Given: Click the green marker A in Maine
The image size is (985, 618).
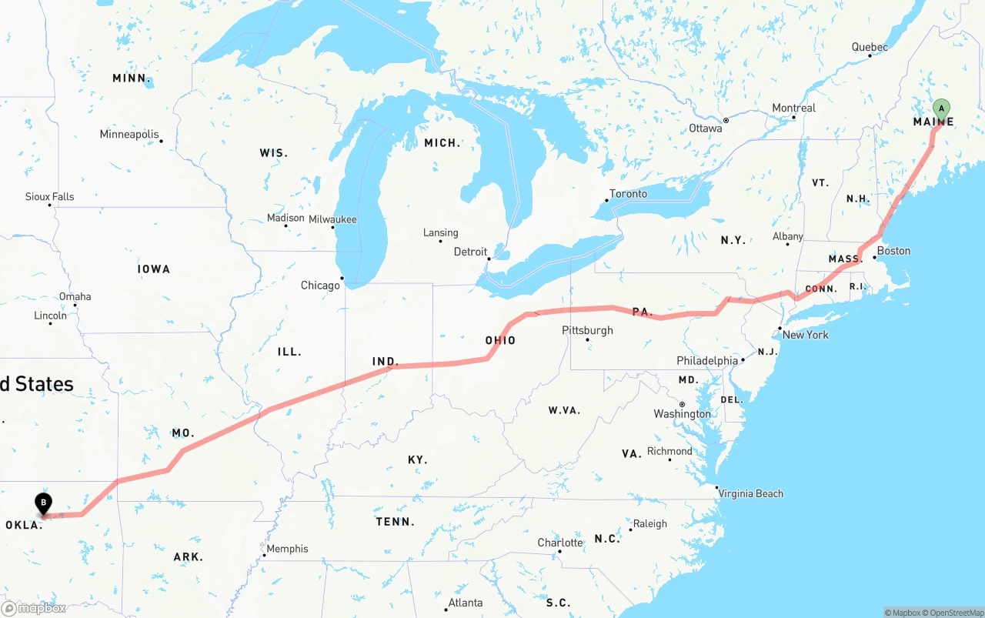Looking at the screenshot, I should point(941,109).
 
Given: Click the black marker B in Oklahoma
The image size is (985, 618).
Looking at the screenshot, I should point(44,503).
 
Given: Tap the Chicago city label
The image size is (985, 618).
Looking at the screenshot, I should point(320,286).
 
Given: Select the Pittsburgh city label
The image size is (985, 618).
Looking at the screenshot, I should point(587,330).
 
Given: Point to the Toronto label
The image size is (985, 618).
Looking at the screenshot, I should point(628,194).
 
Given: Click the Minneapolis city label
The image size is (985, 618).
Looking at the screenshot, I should point(129,135).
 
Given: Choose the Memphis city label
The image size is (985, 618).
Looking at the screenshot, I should point(289,549).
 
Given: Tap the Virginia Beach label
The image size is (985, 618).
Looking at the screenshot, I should point(750,493).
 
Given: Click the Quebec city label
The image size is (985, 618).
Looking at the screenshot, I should point(869,48).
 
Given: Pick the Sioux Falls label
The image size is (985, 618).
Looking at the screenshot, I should point(50,197).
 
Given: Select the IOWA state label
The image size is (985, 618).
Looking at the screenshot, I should point(154,269).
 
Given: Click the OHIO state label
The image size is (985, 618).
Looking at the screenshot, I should point(500,340).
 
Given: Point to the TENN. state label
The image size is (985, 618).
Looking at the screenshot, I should point(396,522).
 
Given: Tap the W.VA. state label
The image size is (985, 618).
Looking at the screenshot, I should point(564,410).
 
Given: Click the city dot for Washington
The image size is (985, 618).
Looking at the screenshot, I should point(682,404).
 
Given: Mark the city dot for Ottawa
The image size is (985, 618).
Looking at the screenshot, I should point(726,121).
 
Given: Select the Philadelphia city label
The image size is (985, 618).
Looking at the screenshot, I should point(707,360).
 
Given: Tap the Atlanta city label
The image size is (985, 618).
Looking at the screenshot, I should point(466,603).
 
